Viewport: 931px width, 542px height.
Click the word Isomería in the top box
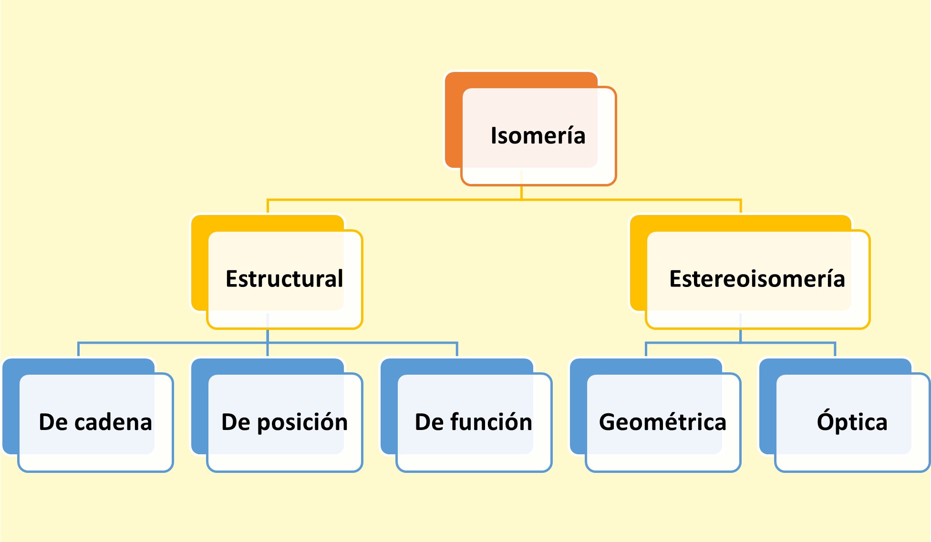point(538,136)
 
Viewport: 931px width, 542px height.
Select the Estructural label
point(284,279)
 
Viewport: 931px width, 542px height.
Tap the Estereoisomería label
point(757,279)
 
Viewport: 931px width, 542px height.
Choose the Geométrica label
point(662,422)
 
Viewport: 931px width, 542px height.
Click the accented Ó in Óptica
point(825,420)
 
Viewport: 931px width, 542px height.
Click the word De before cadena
point(53,422)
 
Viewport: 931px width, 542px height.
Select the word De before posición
point(236,422)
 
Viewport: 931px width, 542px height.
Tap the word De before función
point(429,422)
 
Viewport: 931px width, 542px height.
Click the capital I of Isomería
point(494,136)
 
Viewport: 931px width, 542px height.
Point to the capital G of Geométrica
point(608,422)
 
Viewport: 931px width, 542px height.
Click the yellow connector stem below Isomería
point(521,192)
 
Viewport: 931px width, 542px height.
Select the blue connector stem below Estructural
point(268,336)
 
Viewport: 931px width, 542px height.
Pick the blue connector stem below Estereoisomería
point(740,336)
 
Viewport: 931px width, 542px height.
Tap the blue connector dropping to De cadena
point(78,349)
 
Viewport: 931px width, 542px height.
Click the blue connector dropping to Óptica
point(835,349)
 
